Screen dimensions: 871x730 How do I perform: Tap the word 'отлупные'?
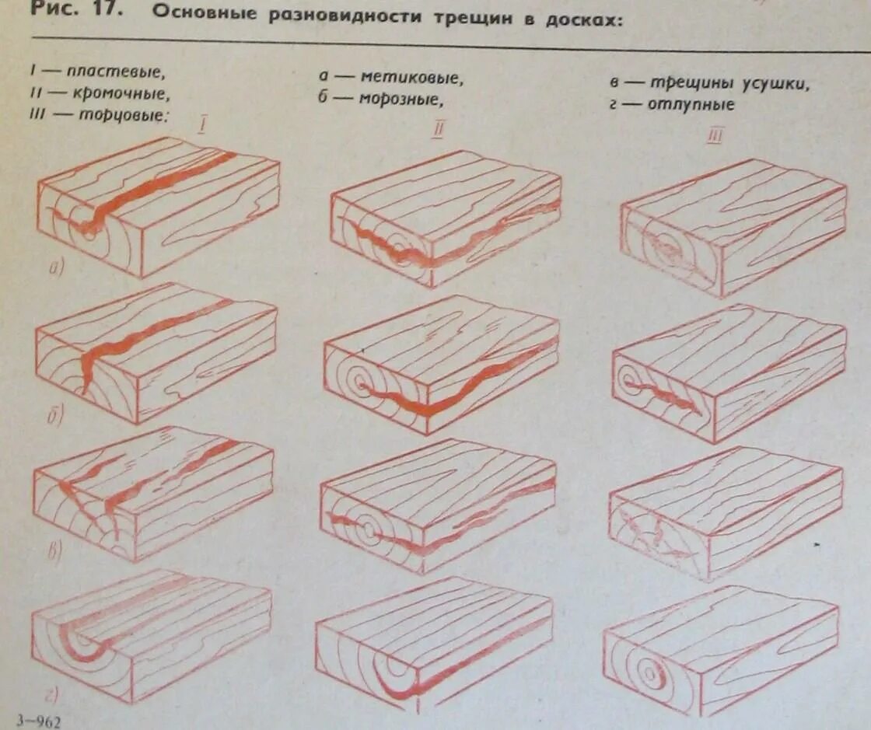coord(691,104)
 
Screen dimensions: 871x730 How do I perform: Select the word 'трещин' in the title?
coord(470,17)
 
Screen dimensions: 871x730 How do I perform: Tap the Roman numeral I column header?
coord(202,124)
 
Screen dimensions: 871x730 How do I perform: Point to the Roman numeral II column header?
coord(437,130)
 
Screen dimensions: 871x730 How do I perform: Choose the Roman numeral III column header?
coord(715,138)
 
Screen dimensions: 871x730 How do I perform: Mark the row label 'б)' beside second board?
coord(55,416)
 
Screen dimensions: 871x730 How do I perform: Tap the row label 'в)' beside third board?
coord(54,553)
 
